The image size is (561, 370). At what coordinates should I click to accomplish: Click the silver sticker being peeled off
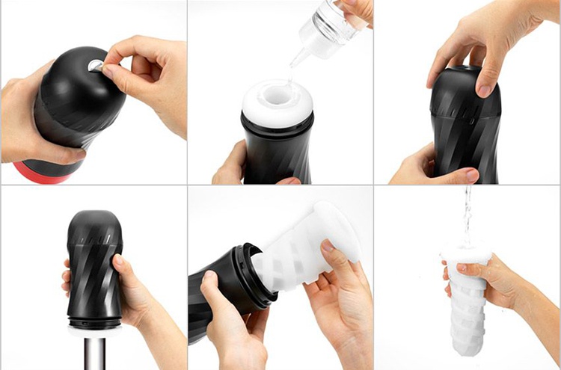click(96, 67)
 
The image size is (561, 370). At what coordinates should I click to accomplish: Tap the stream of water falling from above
click(467, 217)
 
